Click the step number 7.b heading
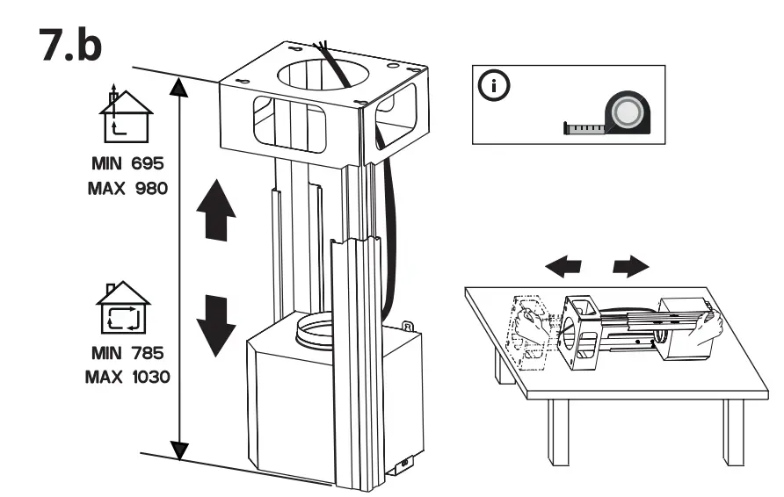pyautogui.click(x=71, y=47)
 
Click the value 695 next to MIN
pyautogui.click(x=141, y=164)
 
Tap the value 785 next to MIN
pyautogui.click(x=142, y=354)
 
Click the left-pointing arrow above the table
pyautogui.click(x=562, y=266)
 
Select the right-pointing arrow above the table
pyautogui.click(x=631, y=266)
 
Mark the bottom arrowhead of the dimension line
pyautogui.click(x=179, y=451)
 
